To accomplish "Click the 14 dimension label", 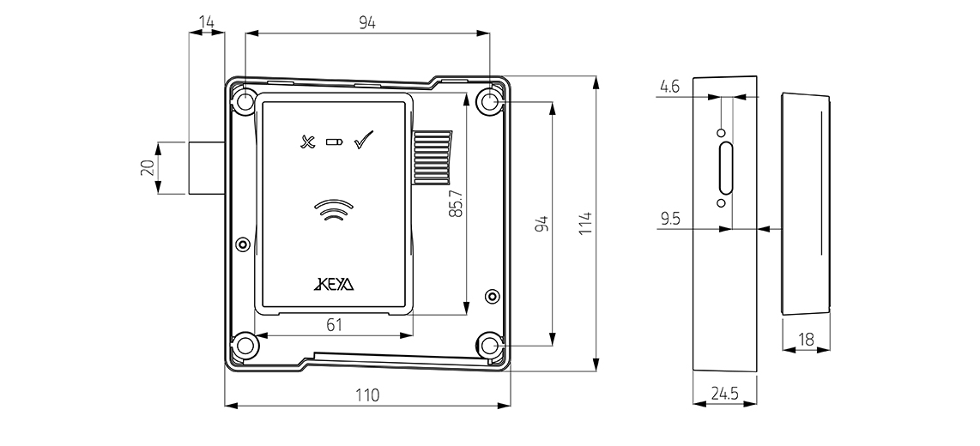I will pos(206,20).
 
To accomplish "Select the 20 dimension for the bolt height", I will pos(148,167).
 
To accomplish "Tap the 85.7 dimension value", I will pos(456,203).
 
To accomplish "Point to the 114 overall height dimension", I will pos(586,225).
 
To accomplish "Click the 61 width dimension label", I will pos(335,324).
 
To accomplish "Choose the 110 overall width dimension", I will pos(367,395).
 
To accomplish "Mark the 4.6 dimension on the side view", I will pos(670,86).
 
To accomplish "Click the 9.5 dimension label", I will pos(671,219).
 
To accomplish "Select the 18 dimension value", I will pos(806,340).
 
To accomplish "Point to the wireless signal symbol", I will pos(335,210).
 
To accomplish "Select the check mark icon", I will pos(364,139).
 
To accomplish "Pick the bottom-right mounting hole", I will pos(490,346).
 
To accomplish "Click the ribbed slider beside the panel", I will pos(432,158).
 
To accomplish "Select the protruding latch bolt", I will pos(207,166).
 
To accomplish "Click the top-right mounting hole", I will pos(490,103).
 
